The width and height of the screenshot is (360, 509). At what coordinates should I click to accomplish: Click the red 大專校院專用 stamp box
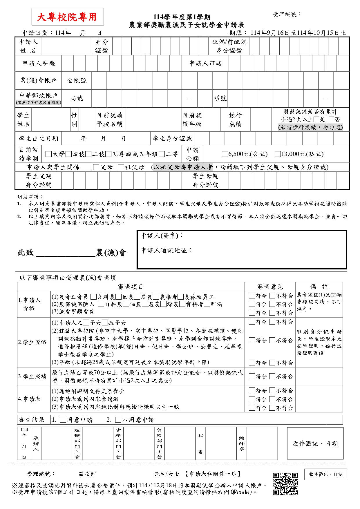pos(68,17)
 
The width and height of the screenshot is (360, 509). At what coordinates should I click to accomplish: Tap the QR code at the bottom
pos(285,483)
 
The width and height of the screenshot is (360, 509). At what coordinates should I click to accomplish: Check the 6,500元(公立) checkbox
pos(225,154)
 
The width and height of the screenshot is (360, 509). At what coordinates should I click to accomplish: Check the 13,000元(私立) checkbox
pos(278,154)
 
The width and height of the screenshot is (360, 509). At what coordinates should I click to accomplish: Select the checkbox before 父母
pos(96,167)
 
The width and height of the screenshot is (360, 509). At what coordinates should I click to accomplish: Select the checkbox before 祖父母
pos(121,167)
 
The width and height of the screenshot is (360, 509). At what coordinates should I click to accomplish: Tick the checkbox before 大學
pos(49,154)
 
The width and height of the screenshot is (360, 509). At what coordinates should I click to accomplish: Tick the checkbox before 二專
pos(162,154)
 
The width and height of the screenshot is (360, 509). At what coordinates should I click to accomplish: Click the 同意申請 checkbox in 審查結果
pos(63,420)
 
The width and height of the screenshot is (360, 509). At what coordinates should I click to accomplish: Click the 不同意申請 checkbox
pos(118,420)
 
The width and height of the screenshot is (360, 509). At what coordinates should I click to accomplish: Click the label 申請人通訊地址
pos(166,250)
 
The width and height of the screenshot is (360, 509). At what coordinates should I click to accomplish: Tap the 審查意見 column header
pos(270,287)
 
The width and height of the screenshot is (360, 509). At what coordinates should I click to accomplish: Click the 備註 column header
pos(319,287)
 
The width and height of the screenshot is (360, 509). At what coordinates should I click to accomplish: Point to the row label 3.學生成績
pos(32,376)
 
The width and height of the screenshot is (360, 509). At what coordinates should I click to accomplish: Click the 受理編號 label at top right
pos(287,14)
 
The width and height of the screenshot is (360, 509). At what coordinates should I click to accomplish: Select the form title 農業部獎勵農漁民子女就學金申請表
pos(187,25)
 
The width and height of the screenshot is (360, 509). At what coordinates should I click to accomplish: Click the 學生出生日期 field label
pos(39,139)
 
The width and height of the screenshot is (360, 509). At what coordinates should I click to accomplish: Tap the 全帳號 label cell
pos(77,81)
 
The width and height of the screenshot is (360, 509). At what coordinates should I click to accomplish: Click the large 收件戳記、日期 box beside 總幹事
pos(315,443)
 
